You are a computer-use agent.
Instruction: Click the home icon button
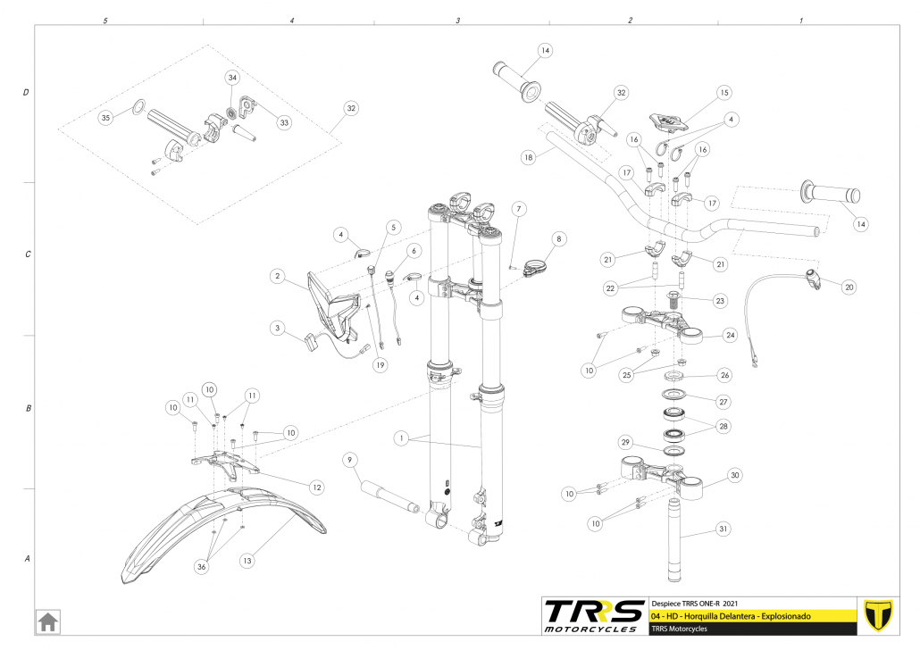click(x=47, y=620)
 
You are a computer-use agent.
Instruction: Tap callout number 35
click(x=106, y=117)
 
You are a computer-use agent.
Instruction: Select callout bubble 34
click(x=232, y=79)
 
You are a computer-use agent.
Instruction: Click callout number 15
click(x=724, y=92)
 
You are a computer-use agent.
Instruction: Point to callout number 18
click(x=529, y=156)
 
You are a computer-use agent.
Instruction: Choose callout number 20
click(x=849, y=287)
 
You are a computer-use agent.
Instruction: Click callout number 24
click(x=730, y=336)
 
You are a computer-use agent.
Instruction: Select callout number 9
click(x=351, y=460)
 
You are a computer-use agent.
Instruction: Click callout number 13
click(x=247, y=560)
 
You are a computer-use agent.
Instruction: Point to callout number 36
click(x=202, y=566)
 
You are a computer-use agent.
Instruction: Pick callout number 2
click(x=279, y=278)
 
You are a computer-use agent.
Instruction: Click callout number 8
click(x=559, y=239)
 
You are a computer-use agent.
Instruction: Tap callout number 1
click(x=404, y=438)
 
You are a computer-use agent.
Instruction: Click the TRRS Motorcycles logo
click(x=594, y=614)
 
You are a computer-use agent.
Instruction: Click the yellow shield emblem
click(x=880, y=614)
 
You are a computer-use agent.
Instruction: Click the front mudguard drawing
click(x=214, y=531)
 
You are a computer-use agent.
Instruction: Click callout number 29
click(x=626, y=443)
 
